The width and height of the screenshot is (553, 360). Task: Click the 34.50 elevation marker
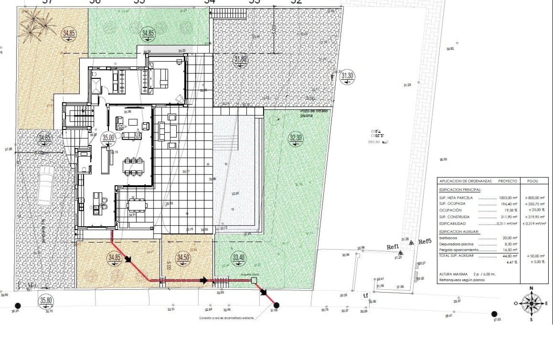[x=183, y=258]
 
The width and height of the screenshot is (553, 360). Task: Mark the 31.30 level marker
[x=348, y=76]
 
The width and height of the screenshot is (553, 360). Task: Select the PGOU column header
[x=533, y=181]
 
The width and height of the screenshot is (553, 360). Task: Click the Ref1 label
[x=393, y=247]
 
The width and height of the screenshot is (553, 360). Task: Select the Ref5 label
[x=424, y=242]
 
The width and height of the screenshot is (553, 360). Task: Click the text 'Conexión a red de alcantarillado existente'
[x=226, y=318]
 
